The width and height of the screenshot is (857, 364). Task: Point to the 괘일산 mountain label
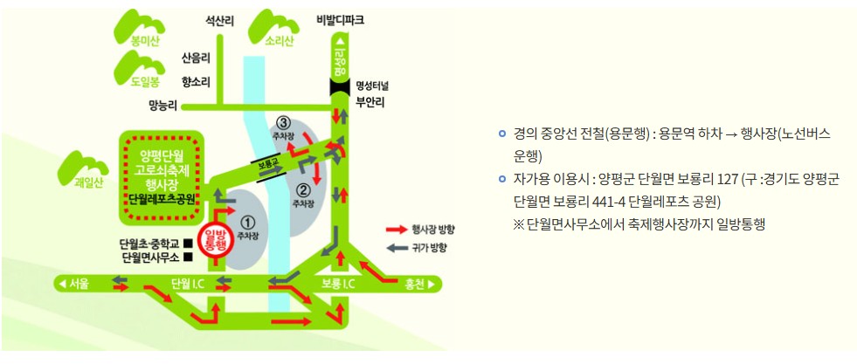click(x=89, y=182)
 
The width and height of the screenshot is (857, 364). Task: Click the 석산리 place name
click(x=219, y=18)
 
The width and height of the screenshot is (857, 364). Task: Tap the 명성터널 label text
click(x=376, y=86)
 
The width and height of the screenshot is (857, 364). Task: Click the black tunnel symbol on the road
click(x=339, y=86)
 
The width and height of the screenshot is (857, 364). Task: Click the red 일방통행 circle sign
click(x=214, y=240)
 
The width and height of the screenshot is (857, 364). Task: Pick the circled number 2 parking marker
click(x=303, y=189)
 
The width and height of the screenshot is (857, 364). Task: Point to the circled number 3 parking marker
click(x=281, y=122)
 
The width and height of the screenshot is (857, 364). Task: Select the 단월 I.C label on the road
click(x=187, y=283)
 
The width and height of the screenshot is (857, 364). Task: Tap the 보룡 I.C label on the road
click(x=337, y=283)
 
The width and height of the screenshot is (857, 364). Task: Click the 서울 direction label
click(x=77, y=283)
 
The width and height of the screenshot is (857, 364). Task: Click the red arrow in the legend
click(x=397, y=229)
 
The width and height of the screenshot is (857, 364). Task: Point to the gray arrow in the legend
click(x=397, y=248)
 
